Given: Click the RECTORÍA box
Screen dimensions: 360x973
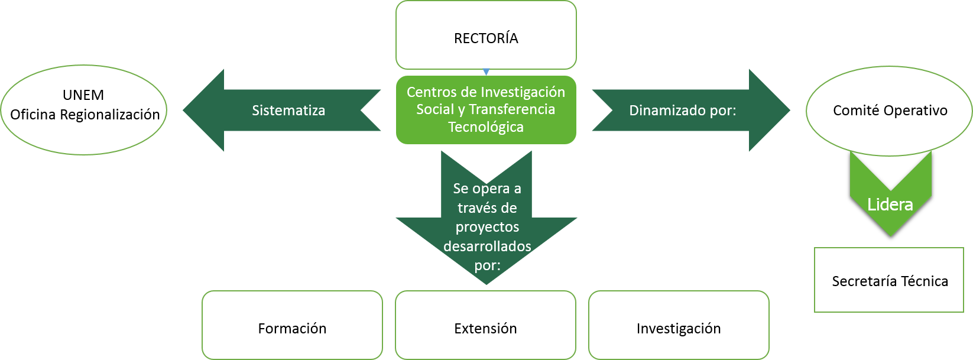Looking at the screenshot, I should [x=486, y=35].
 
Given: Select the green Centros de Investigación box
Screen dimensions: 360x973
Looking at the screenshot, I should [x=486, y=109].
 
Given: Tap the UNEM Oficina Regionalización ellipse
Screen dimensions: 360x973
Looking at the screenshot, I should [x=85, y=109].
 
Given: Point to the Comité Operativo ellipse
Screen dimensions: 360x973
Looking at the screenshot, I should [x=890, y=110].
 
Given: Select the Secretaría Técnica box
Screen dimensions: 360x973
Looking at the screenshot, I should [x=889, y=280].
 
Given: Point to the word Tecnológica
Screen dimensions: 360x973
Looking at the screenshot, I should [x=486, y=127].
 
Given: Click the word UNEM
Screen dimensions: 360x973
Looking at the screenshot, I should [x=83, y=95].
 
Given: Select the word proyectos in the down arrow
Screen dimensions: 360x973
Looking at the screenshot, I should [x=487, y=228].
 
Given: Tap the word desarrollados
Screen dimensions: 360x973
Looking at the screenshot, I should [x=487, y=247].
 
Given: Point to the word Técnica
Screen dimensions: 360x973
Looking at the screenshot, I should [x=925, y=281].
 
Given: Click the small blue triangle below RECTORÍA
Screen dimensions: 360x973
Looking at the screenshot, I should [x=486, y=72].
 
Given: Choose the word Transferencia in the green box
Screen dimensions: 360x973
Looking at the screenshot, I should [x=512, y=109].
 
